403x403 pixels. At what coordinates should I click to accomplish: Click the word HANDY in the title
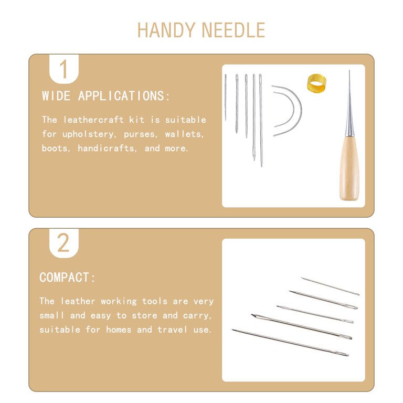pos(166,30)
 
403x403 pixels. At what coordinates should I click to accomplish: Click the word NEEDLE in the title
pos(234,30)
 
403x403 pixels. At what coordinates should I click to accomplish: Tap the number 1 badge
pos(63,69)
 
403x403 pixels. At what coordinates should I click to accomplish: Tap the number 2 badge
pos(63,243)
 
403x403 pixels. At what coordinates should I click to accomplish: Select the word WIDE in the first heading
pos(56,96)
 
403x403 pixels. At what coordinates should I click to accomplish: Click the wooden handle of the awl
pos(348,167)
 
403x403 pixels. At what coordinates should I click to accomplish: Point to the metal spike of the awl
pos(349,103)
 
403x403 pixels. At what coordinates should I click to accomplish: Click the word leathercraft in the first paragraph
pos(93,120)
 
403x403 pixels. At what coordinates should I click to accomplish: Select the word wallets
pos(184,134)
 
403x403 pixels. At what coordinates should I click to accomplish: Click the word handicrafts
pos(107,149)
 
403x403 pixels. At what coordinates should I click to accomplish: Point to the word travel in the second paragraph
pos(173,330)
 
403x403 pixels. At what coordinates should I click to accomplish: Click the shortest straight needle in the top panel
pos(226,98)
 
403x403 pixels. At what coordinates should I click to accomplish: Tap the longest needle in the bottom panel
pos(290,343)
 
